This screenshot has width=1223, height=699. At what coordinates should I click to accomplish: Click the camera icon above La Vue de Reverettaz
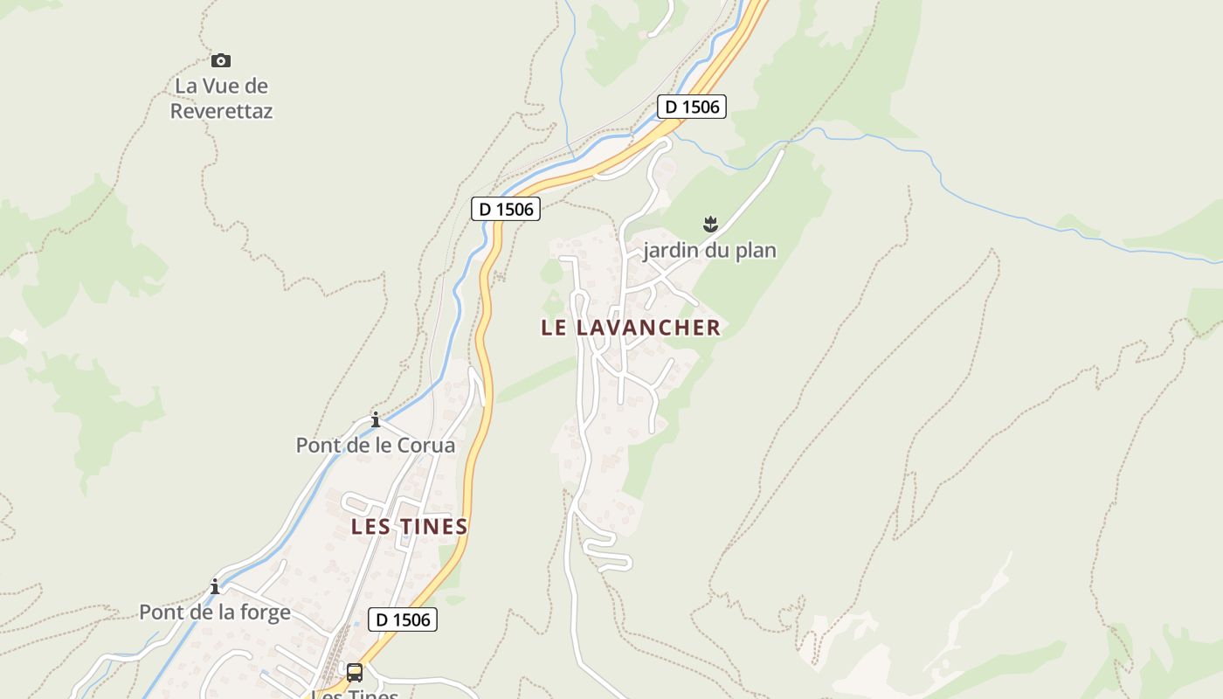[x=221, y=60]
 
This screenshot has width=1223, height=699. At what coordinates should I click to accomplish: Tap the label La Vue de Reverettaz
[x=221, y=99]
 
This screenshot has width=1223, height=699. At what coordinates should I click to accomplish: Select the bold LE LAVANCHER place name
[x=631, y=328]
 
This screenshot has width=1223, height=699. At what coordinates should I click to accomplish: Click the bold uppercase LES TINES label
[x=410, y=527]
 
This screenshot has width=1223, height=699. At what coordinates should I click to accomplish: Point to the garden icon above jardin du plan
[x=710, y=225]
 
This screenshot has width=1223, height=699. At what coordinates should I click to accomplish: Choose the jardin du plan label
[x=709, y=251]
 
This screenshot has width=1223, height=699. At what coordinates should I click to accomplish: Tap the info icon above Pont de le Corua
[x=376, y=420]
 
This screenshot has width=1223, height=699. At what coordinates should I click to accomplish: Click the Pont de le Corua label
[x=376, y=446]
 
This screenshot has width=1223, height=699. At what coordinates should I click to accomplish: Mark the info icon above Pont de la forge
[x=215, y=586]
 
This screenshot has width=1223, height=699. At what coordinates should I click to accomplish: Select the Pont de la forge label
[x=215, y=612]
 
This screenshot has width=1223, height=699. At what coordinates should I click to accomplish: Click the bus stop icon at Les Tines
[x=355, y=673]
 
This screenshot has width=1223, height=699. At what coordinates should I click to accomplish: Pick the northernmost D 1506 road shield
[x=692, y=107]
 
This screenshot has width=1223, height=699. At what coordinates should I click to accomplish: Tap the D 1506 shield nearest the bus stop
[x=402, y=619]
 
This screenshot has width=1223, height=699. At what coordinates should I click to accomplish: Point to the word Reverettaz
[x=221, y=111]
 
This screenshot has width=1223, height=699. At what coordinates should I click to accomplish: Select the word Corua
[x=426, y=446]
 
